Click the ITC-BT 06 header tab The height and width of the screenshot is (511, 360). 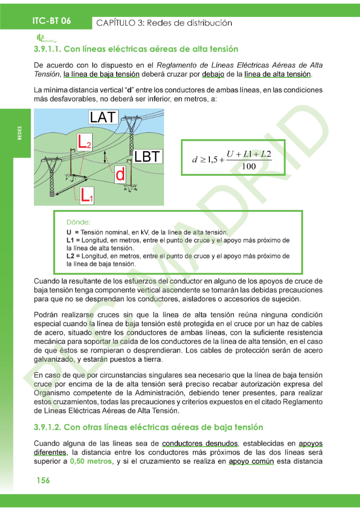(x=51, y=20)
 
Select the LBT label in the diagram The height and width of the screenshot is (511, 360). (x=148, y=157)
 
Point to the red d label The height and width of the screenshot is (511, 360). (x=120, y=175)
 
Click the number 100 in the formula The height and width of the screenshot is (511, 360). (x=248, y=167)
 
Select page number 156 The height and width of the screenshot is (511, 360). (x=42, y=480)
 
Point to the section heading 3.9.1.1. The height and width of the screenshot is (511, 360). (x=136, y=49)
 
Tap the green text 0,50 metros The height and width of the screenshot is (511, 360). (x=91, y=461)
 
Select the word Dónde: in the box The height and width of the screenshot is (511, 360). (x=78, y=222)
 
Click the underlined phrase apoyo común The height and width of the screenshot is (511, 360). (x=251, y=461)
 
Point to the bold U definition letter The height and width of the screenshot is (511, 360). (x=69, y=233)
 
